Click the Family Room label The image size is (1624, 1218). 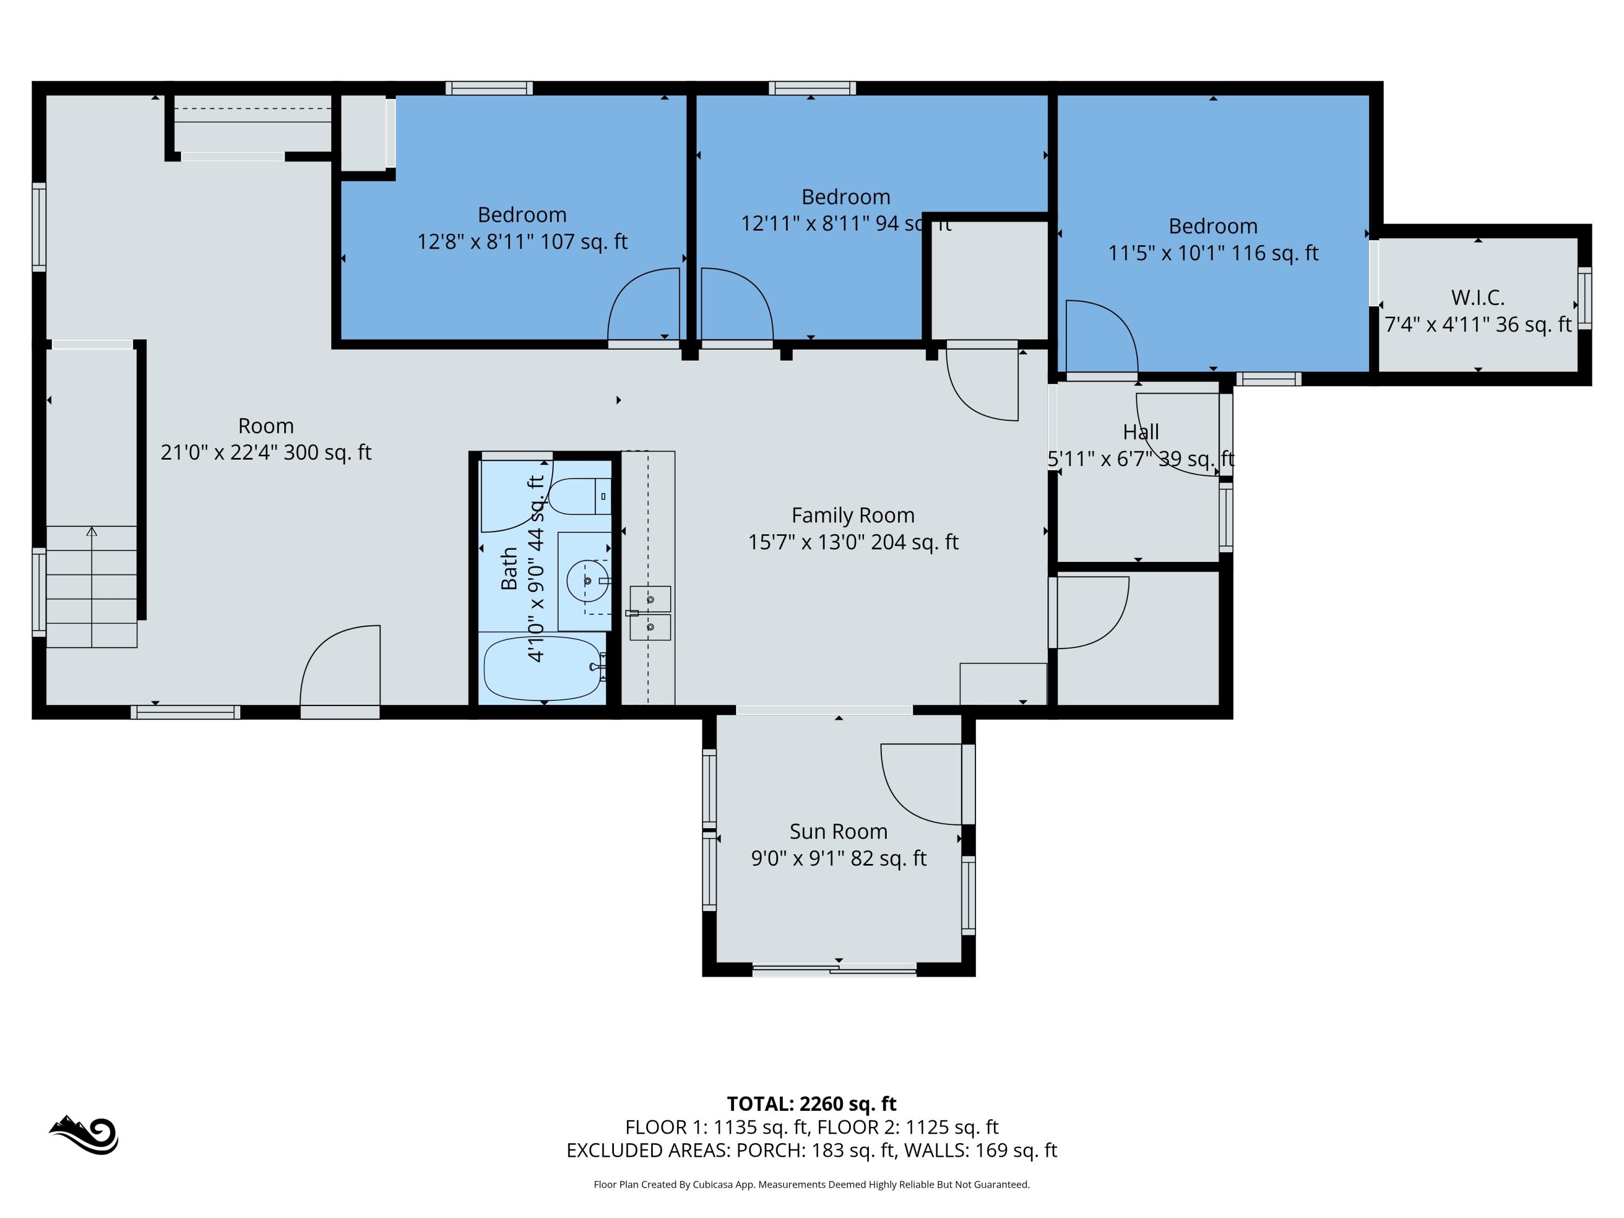point(853,515)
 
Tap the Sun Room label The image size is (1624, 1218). point(839,832)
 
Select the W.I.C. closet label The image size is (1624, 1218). point(1477,298)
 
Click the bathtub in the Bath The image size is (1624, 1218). point(544,668)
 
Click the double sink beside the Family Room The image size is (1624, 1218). point(650,613)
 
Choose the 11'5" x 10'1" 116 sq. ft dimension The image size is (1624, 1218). point(1213,253)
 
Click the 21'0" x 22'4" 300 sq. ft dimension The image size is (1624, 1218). point(266,452)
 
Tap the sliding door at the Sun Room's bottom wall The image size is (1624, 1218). point(835,970)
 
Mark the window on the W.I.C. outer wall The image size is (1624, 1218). point(1585,298)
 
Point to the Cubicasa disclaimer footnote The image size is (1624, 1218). point(811,1184)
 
